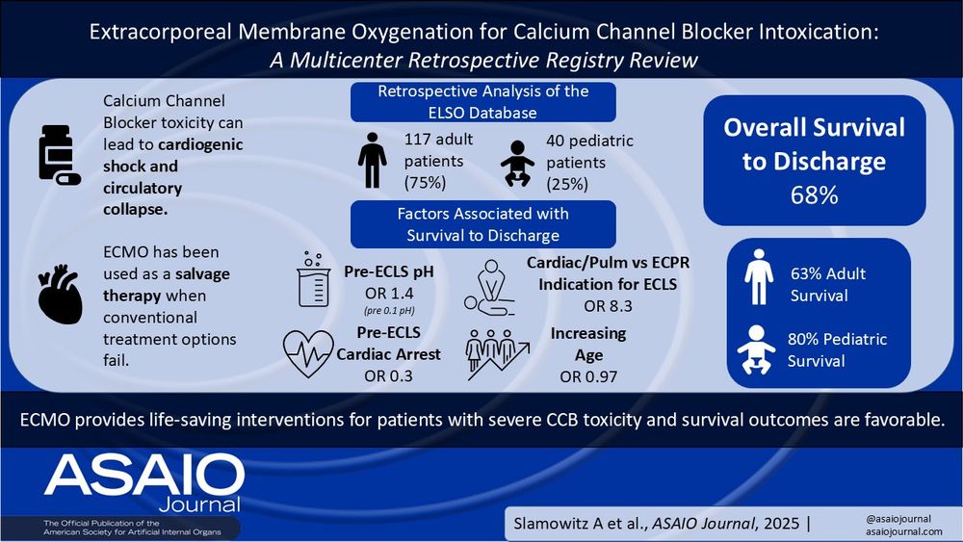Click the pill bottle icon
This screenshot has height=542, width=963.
(57, 153)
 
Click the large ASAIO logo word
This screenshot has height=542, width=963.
(143, 473)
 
